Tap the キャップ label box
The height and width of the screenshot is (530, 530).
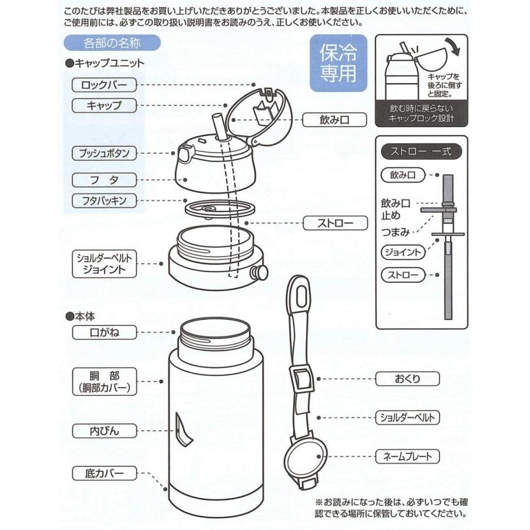(104, 106)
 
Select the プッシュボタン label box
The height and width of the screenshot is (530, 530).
(104, 154)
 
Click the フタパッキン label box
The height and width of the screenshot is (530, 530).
(104, 201)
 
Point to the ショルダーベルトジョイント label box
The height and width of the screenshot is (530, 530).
(104, 264)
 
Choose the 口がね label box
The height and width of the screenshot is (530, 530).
(104, 333)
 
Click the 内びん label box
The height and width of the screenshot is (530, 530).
(104, 431)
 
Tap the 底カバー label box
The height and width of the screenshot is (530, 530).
(104, 473)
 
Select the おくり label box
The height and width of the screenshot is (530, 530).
(408, 378)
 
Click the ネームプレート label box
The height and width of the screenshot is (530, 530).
(408, 456)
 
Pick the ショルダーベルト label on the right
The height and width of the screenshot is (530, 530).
(408, 418)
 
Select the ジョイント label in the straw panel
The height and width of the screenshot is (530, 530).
(402, 252)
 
